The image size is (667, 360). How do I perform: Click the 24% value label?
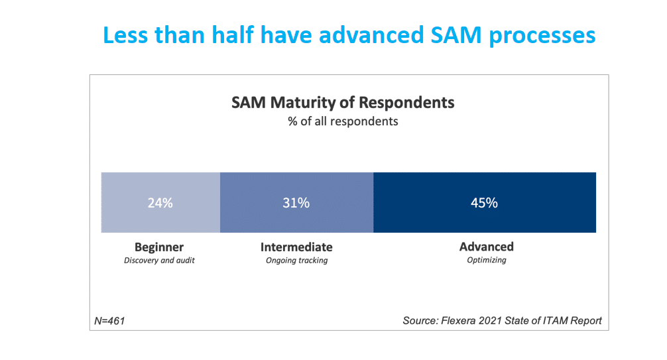pos(160,203)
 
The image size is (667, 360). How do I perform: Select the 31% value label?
pos(296,203)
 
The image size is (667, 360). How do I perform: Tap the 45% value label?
pos(485,203)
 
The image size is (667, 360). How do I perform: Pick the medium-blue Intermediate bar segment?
pos(332,219)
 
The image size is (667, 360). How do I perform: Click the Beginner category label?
pos(159,247)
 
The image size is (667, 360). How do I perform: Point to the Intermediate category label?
pos(296,247)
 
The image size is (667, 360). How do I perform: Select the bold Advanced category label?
pos(486,247)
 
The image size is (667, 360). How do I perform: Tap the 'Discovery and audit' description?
pos(159,261)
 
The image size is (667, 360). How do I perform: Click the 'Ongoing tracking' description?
pos(296,261)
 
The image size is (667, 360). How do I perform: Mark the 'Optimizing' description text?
pos(486,261)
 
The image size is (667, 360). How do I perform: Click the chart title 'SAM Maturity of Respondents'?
pos(343,103)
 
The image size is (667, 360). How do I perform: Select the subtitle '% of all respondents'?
pos(343,122)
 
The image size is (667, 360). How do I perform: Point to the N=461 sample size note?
pos(110,321)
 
